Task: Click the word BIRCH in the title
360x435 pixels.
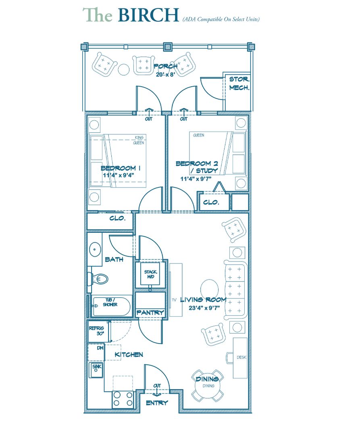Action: click(x=148, y=15)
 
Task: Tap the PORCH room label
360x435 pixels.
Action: click(x=165, y=66)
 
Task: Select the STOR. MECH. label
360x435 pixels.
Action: click(x=239, y=83)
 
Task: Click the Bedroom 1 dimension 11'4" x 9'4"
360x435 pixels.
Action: click(x=119, y=175)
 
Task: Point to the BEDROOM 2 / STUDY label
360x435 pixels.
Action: click(x=197, y=167)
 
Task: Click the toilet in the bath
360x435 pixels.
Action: click(x=98, y=279)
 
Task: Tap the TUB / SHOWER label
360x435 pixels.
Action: click(x=110, y=302)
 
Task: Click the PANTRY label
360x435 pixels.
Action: click(x=150, y=313)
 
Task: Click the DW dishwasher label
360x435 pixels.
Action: click(x=100, y=348)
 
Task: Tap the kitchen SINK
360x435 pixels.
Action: click(x=96, y=370)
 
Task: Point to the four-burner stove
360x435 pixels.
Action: click(x=123, y=399)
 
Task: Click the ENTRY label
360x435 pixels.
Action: click(x=157, y=403)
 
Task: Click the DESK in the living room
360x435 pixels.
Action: click(x=240, y=358)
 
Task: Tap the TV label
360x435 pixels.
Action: click(x=174, y=300)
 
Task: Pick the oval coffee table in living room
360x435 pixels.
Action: click(x=209, y=288)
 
